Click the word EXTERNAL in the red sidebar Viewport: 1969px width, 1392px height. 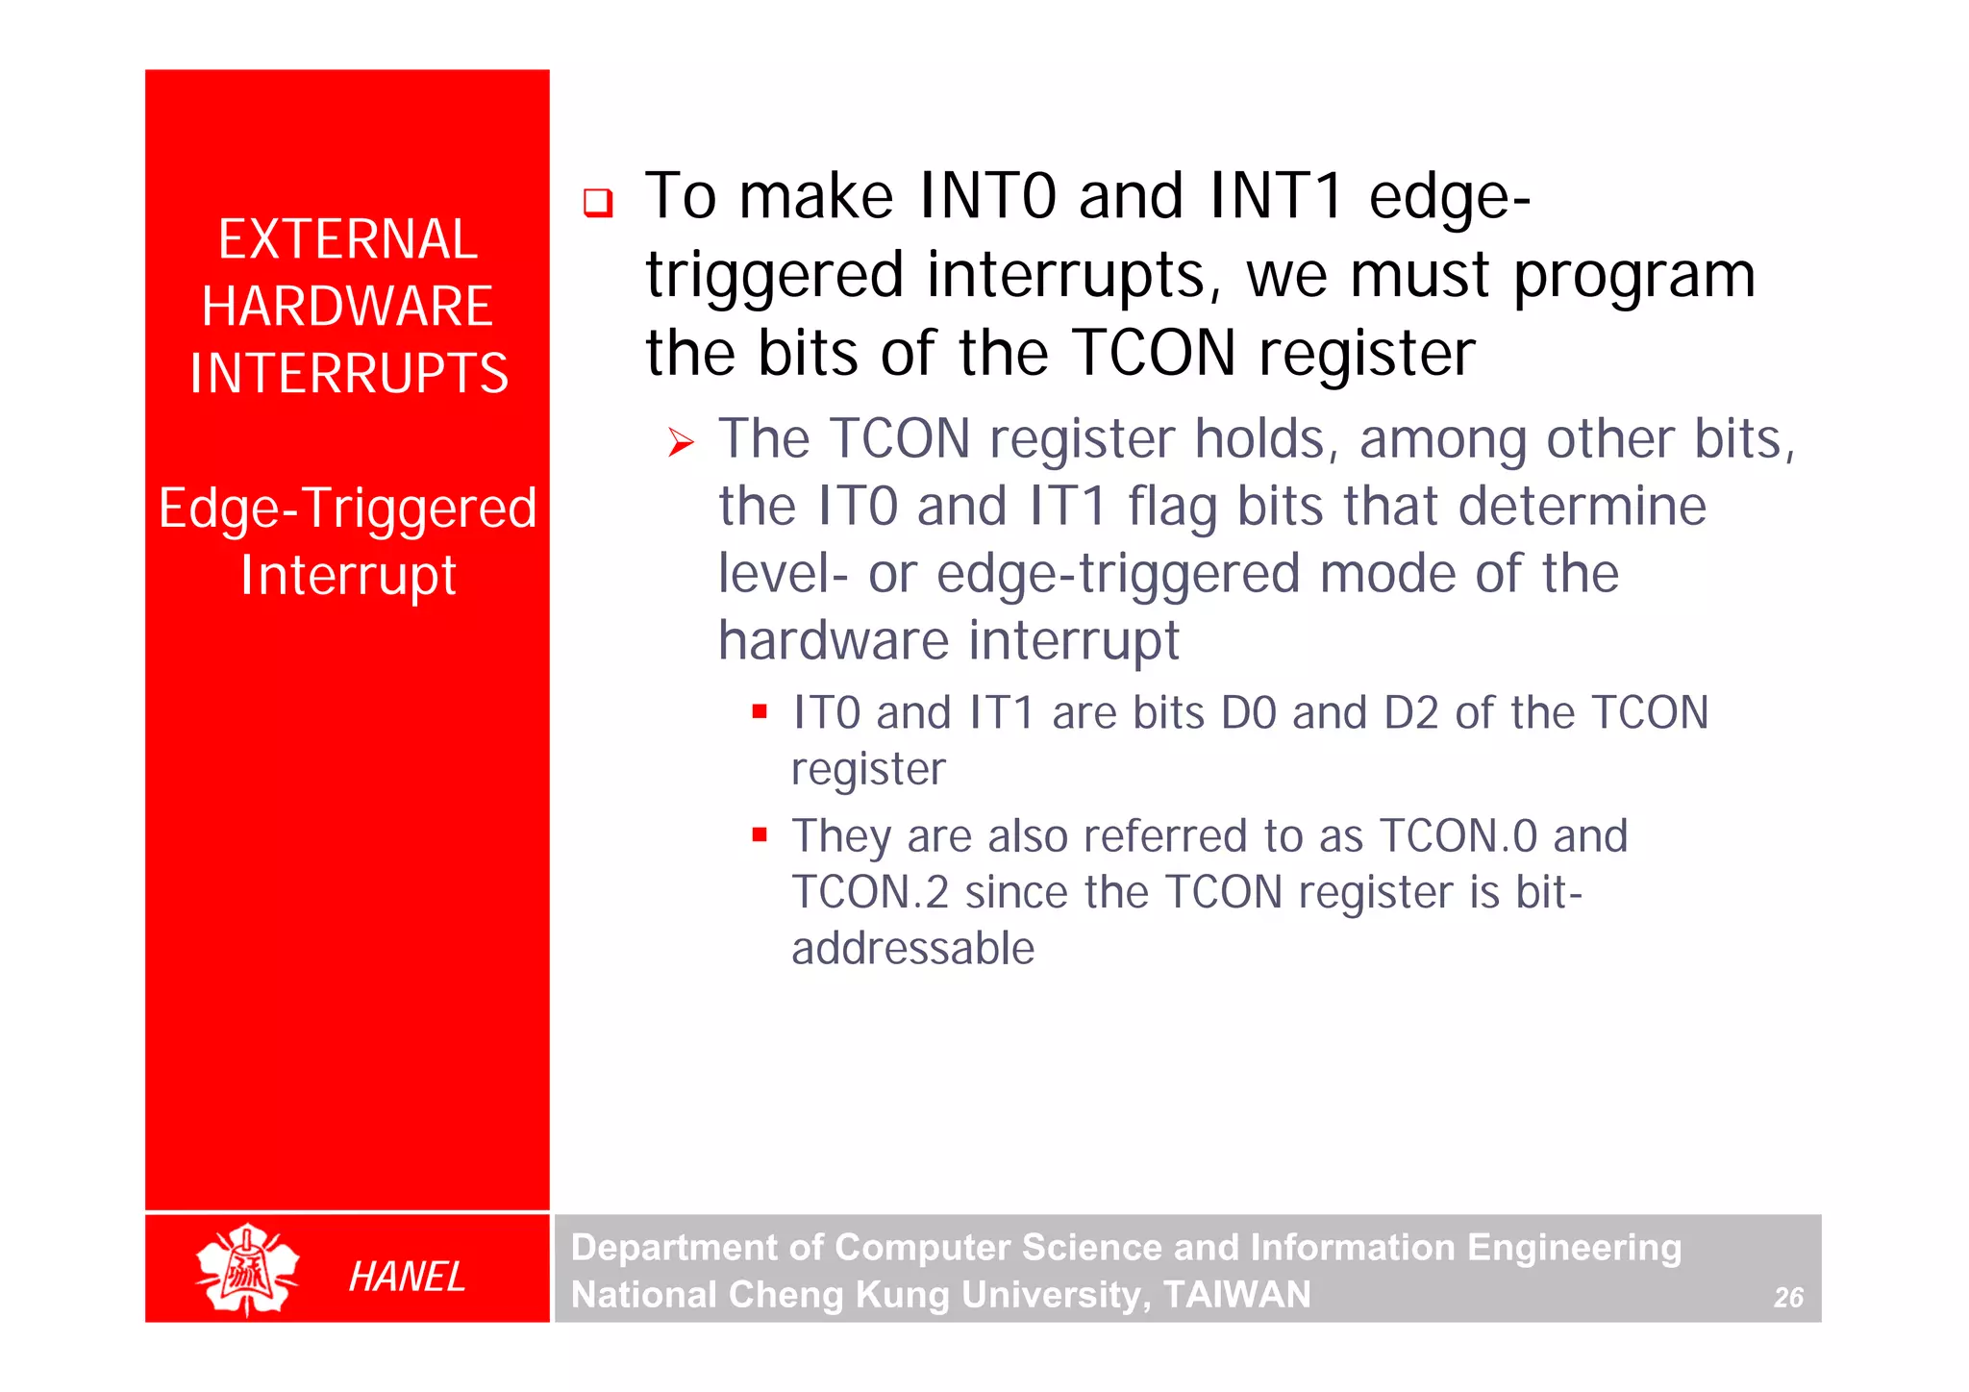point(347,239)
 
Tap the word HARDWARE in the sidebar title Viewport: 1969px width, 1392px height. point(347,307)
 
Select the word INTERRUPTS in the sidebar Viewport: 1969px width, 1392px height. point(348,374)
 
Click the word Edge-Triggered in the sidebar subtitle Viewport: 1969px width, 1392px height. point(347,509)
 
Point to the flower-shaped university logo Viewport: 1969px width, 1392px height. point(248,1270)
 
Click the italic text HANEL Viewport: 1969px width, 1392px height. point(407,1277)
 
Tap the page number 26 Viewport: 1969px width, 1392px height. point(1788,1298)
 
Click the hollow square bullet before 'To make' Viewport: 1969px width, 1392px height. point(598,203)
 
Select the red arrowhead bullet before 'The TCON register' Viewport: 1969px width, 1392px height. point(681,443)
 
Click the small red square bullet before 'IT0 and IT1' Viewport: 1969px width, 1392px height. point(760,712)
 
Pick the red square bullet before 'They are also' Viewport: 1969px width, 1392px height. point(760,834)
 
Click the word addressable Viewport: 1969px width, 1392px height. point(912,948)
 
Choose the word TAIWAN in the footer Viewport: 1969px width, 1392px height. point(1236,1295)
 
